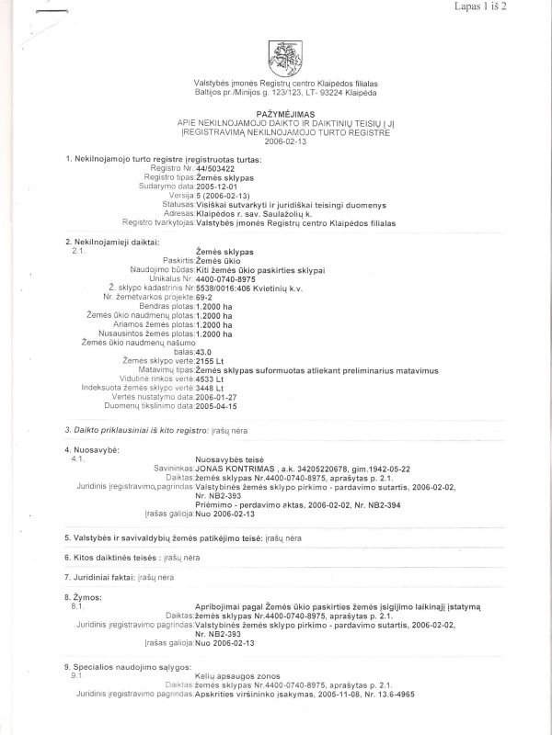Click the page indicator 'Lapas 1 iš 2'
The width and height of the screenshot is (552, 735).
(x=507, y=7)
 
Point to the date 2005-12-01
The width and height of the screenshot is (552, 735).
(x=218, y=186)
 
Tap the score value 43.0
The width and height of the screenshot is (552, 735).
(x=208, y=351)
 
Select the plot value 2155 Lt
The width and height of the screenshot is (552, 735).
(x=213, y=361)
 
